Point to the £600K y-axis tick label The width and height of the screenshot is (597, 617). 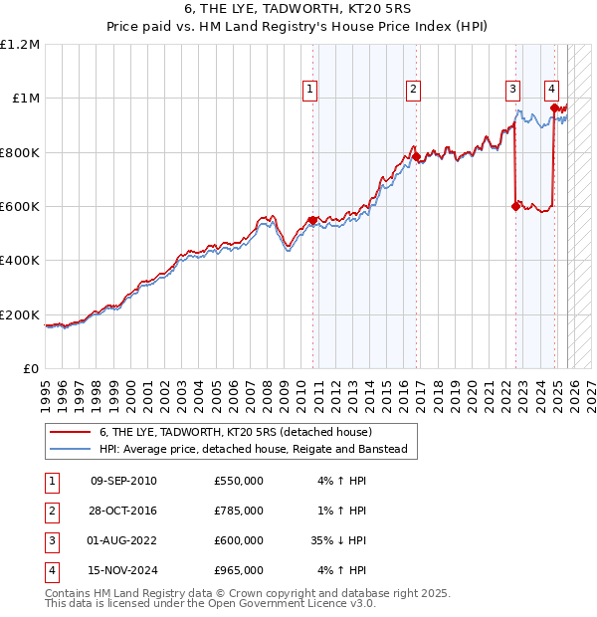tap(20, 207)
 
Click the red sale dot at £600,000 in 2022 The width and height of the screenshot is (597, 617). tap(515, 207)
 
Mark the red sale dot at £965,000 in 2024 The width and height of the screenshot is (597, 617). tap(554, 107)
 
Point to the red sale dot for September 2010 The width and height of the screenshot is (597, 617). tap(312, 220)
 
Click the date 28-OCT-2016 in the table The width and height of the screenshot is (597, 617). tap(123, 511)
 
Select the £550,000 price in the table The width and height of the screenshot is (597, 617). tap(239, 481)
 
